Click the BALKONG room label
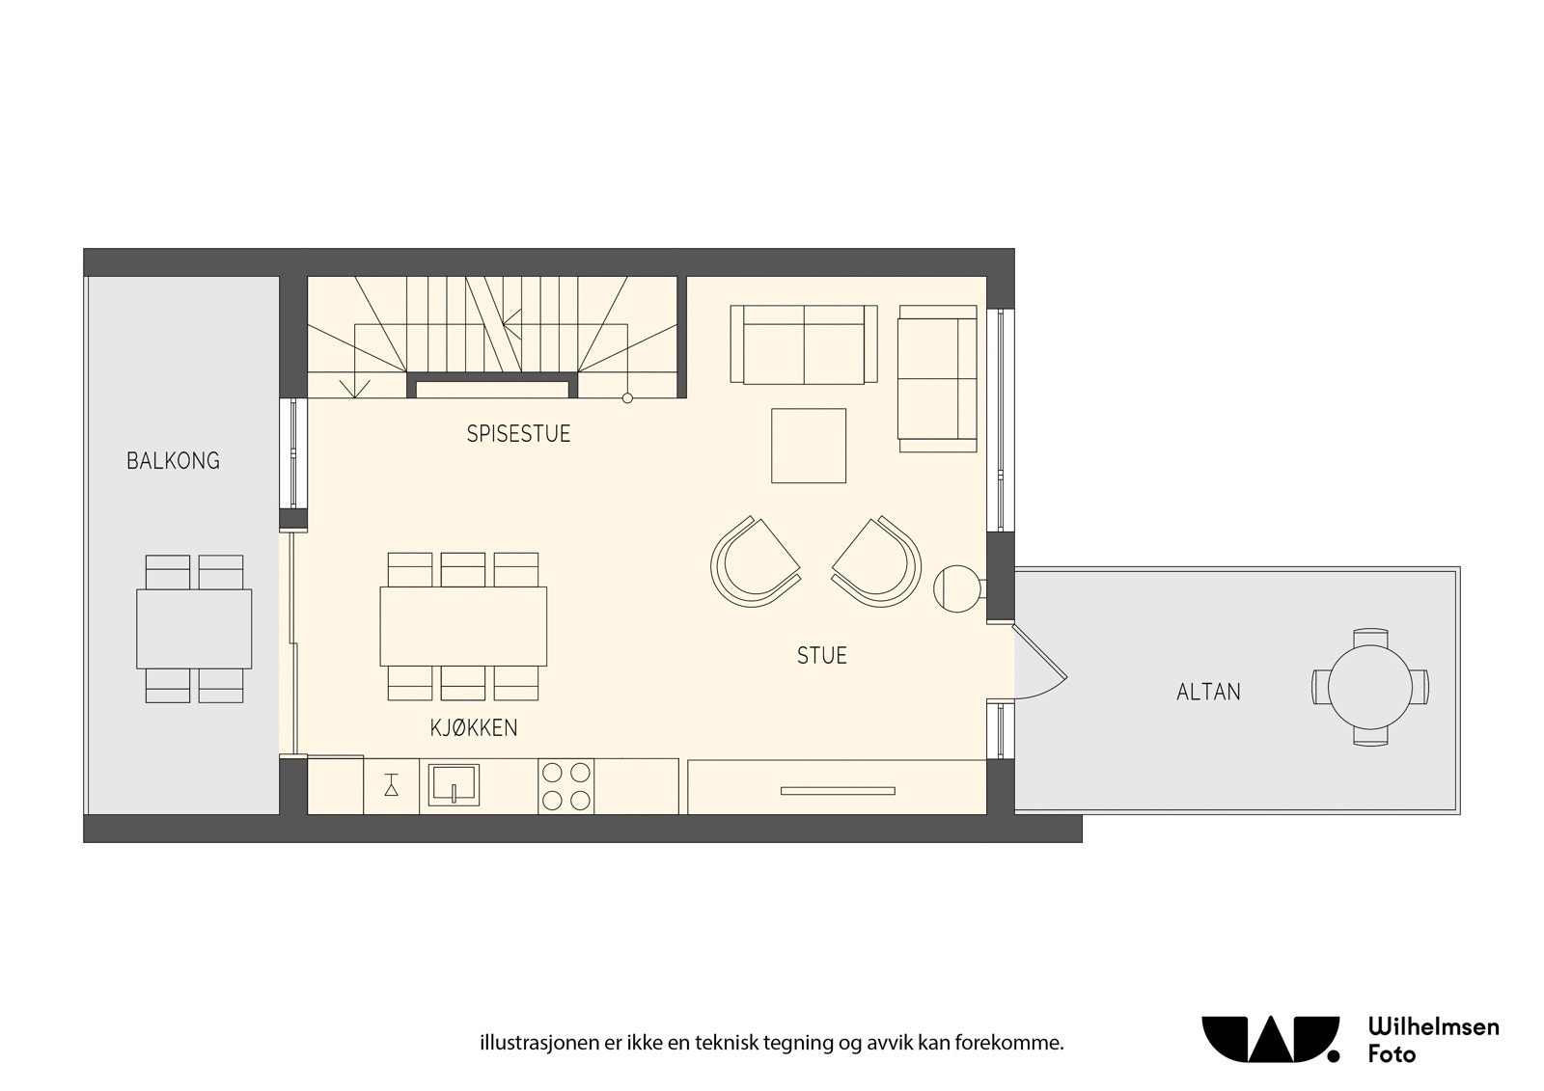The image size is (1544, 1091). point(173,461)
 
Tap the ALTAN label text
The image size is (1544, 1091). point(1208,692)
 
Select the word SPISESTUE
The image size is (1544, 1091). point(518,434)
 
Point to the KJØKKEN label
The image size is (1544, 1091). point(474,728)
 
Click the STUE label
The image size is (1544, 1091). point(821,656)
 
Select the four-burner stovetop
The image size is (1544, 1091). point(566,786)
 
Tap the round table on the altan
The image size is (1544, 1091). point(1369,687)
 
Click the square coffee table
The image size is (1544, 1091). point(809,446)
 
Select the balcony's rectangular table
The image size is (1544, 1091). point(194,628)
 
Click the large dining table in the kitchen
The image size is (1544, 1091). point(463,625)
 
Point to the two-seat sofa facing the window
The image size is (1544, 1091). point(936,378)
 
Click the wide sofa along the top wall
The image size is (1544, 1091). point(804,344)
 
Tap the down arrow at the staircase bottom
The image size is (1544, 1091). point(354,387)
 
